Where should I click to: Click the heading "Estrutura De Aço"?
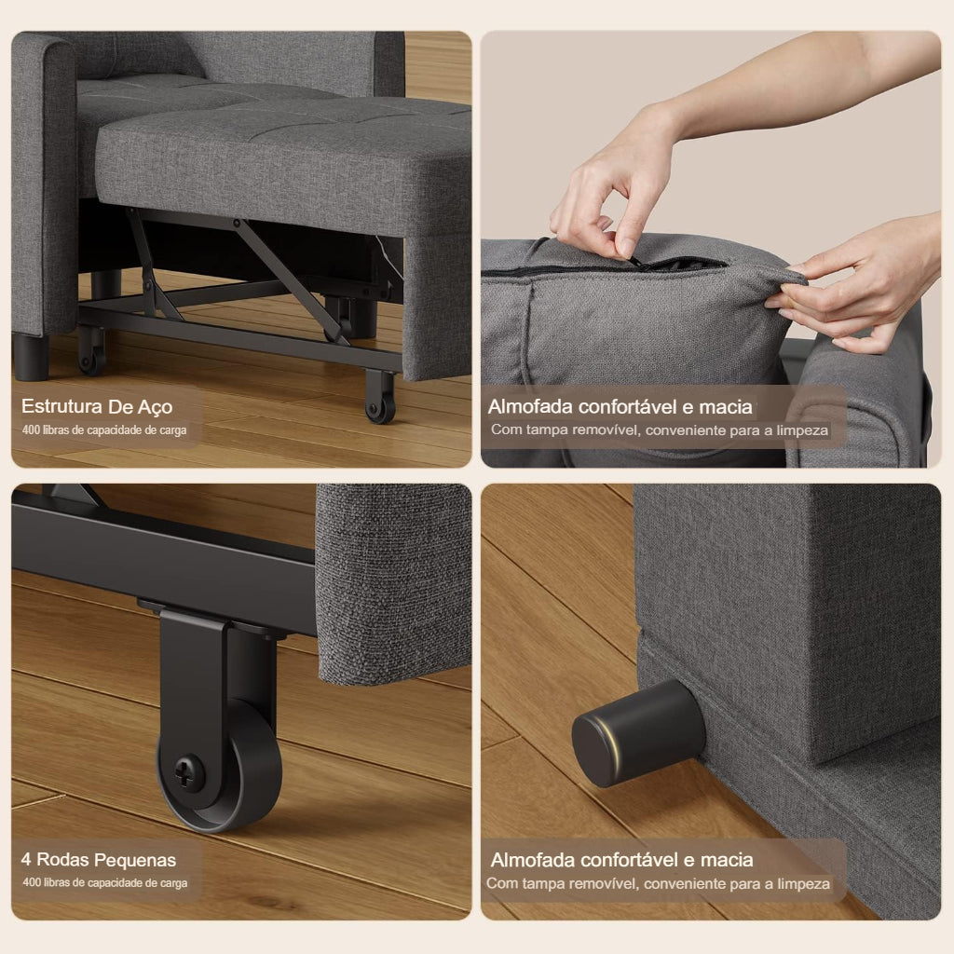pos(97,407)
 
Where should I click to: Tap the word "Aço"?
pos(155,407)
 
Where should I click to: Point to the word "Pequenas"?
pos(139,860)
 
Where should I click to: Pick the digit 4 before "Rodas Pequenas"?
pos(27,860)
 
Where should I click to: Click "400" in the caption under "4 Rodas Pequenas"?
pos(32,882)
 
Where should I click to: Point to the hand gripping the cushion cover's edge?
pos(848,289)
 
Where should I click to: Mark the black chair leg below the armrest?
pos(31,357)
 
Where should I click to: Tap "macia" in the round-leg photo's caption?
pos(728,860)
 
